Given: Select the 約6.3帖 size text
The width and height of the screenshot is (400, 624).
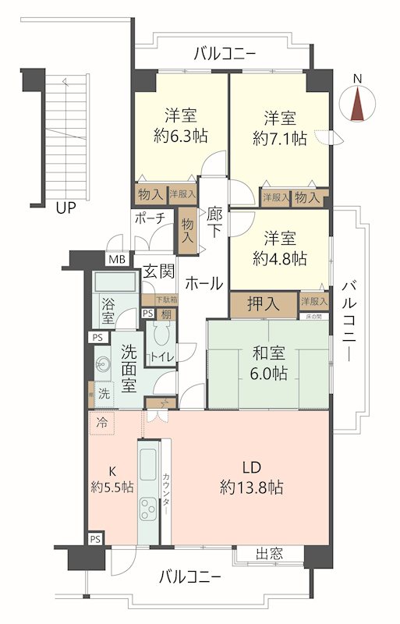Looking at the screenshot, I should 180,136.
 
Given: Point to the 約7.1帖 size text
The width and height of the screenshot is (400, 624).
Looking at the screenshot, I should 278,139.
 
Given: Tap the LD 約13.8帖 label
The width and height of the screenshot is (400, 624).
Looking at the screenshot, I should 250,478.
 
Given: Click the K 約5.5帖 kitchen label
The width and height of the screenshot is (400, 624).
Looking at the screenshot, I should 112,479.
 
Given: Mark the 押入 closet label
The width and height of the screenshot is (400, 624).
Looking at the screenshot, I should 264,303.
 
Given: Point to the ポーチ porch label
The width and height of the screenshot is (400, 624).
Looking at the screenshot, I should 149,218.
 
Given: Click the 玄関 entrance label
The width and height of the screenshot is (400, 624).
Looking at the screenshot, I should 158,274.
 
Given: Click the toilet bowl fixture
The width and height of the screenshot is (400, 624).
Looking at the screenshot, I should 162,337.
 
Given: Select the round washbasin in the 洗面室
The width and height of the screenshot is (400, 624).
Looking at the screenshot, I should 102,364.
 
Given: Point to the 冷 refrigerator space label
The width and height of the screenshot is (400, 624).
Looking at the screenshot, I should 101,421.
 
